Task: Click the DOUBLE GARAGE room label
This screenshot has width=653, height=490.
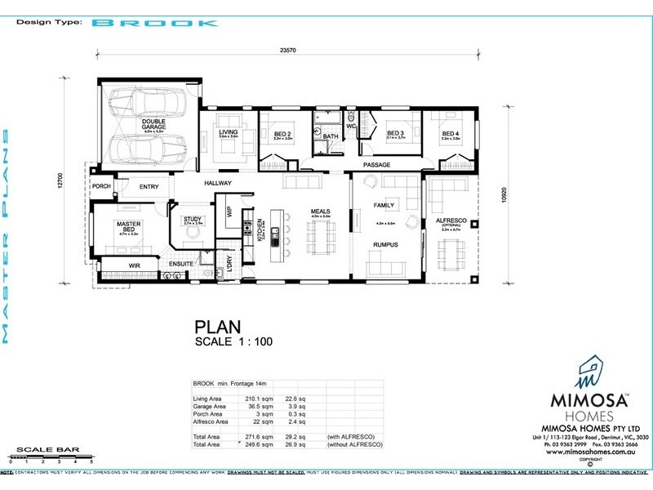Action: pyautogui.click(x=153, y=124)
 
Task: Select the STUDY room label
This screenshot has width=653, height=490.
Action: pyautogui.click(x=193, y=219)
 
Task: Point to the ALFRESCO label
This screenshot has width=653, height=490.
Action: pyautogui.click(x=450, y=220)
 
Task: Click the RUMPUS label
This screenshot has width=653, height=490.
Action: pyautogui.click(x=384, y=244)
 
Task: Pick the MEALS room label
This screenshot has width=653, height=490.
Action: pyautogui.click(x=319, y=212)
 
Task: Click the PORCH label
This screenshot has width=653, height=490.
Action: pyautogui.click(x=101, y=186)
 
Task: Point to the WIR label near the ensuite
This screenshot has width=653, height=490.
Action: pyautogui.click(x=135, y=265)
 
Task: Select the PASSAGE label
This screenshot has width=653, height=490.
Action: pyautogui.click(x=377, y=165)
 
